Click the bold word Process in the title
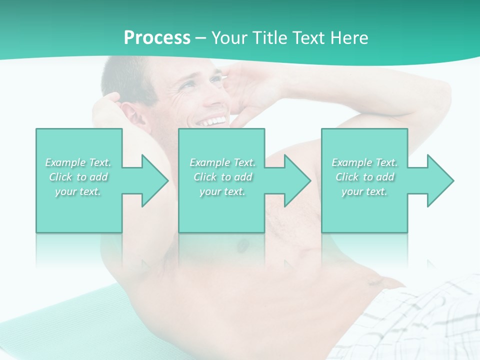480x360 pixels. pos(157,38)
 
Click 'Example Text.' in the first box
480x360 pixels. pos(78,162)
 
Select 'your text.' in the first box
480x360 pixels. pos(78,191)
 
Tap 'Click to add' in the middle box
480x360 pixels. pos(222,177)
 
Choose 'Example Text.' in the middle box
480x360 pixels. pos(222,162)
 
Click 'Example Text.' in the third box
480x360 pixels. pos(364,162)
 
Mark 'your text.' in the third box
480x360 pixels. pos(364,191)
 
